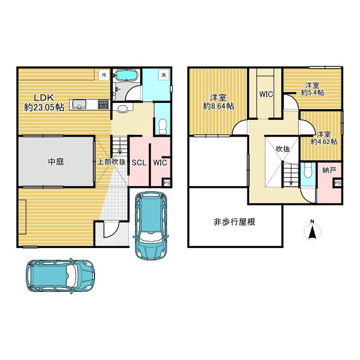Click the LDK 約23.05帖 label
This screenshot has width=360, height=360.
coord(43,101)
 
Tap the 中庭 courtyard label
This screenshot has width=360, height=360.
coord(56,161)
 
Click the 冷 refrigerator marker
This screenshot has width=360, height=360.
coord(104,74)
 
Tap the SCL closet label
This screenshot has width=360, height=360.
coord(139,163)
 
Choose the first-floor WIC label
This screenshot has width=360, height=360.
coord(160,163)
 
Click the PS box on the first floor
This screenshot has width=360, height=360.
coord(166,182)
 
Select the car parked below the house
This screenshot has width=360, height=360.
coord(58,276)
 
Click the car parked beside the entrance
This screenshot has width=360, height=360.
coord(150,224)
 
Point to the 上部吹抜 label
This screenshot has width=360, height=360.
coord(111,161)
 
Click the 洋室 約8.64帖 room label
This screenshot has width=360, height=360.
coord(218,101)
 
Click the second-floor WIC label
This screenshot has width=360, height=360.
coord(266,94)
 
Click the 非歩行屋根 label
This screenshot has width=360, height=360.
coord(235,222)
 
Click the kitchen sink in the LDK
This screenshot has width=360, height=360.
coord(79,104)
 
